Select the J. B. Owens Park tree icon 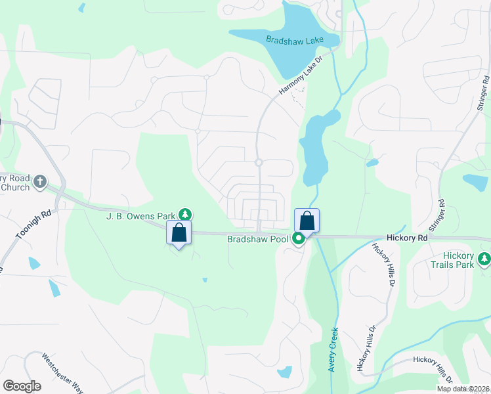click(186, 215)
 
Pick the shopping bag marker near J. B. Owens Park click(178, 233)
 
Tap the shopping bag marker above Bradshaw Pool click(307, 221)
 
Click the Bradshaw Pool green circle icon click(298, 239)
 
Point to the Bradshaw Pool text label click(257, 239)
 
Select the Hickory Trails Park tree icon click(484, 259)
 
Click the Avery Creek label click(333, 349)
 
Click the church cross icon click(40, 181)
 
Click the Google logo click(22, 386)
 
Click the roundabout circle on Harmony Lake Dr click(259, 162)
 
